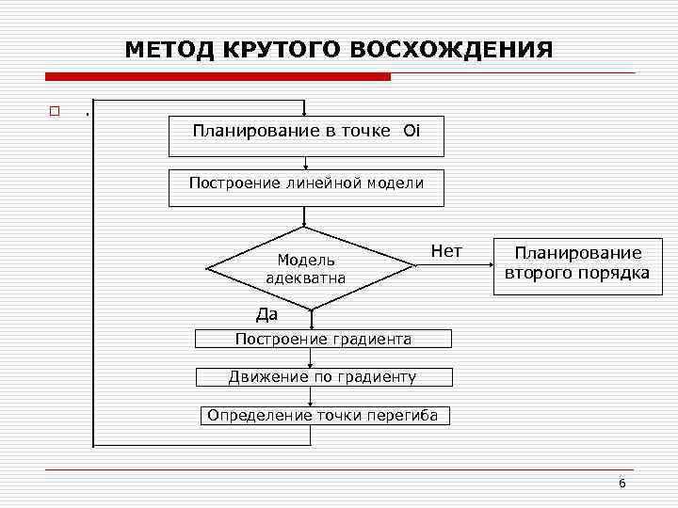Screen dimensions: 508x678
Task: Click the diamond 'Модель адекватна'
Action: [305, 268]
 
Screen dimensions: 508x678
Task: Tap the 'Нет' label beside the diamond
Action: [445, 251]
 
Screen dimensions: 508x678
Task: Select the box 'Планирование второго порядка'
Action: [573, 263]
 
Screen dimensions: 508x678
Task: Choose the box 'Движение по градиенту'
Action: [323, 377]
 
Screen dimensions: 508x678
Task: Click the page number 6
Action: [621, 483]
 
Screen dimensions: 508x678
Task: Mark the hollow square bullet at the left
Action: [55, 112]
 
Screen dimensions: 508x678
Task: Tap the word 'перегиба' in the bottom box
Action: [407, 416]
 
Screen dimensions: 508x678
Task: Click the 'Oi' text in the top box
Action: [411, 131]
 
